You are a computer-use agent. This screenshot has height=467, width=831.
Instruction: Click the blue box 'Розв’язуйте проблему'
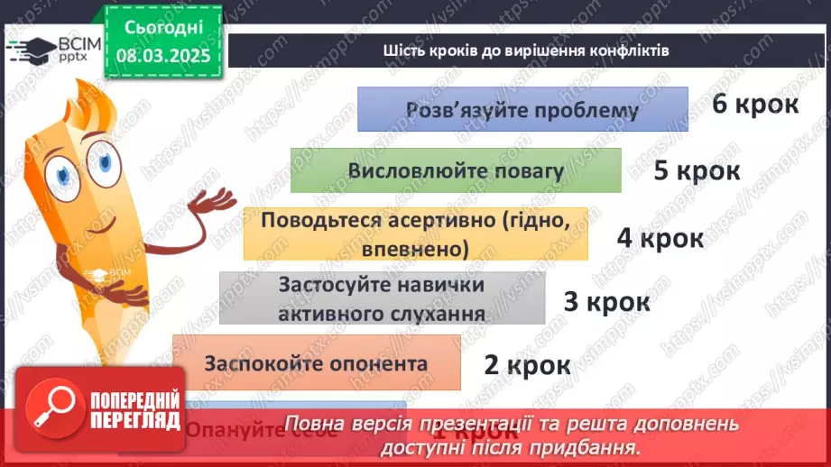pyautogui.click(x=522, y=110)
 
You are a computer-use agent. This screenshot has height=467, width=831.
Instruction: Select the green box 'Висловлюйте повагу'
pyautogui.click(x=456, y=170)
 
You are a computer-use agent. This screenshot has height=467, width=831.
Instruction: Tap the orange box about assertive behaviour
pyautogui.click(x=415, y=233)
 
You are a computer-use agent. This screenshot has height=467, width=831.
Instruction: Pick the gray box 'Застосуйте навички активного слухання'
pyautogui.click(x=382, y=298)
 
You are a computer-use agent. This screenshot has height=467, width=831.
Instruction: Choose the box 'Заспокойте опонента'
pyautogui.click(x=316, y=364)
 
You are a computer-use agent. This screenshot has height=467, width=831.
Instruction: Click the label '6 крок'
pyautogui.click(x=755, y=104)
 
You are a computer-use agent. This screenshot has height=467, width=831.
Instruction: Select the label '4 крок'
pyautogui.click(x=660, y=238)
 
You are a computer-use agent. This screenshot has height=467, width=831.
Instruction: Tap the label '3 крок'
pyautogui.click(x=606, y=301)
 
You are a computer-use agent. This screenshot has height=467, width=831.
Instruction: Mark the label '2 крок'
pyautogui.click(x=527, y=365)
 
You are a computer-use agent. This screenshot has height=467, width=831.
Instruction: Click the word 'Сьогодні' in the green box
pyautogui.click(x=163, y=28)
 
